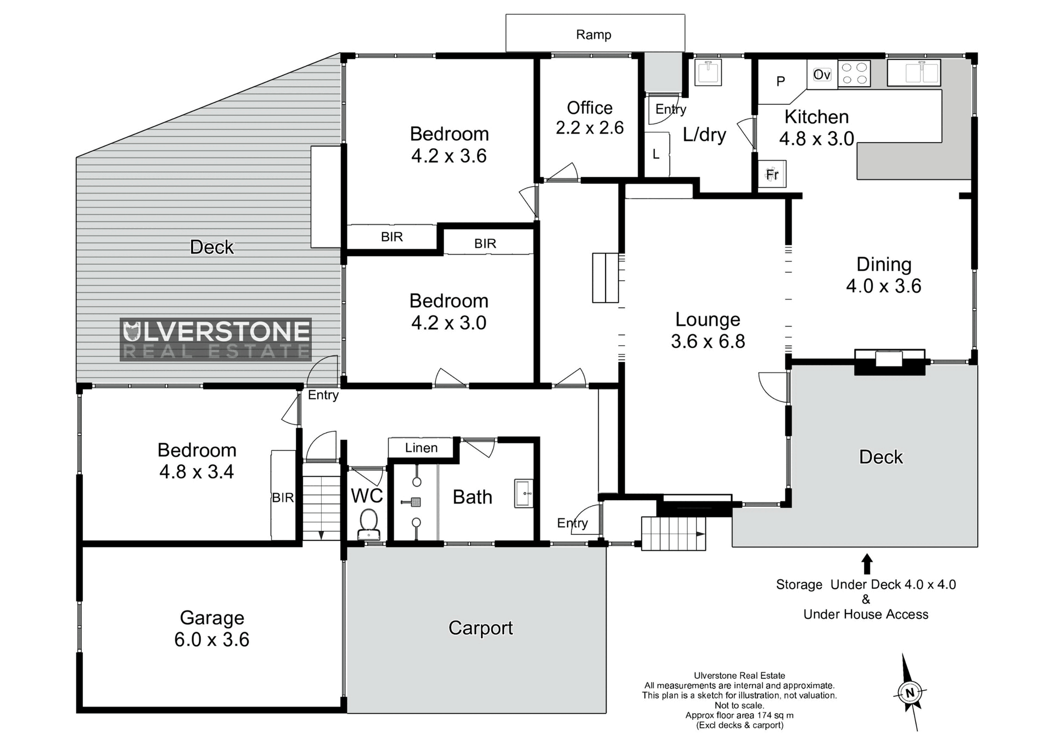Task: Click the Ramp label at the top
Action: (593, 35)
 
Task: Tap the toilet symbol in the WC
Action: (368, 524)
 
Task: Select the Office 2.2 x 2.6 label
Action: (590, 118)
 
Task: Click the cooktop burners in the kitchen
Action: (854, 74)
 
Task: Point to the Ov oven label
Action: (821, 75)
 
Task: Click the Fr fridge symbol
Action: (772, 174)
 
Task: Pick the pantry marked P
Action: (781, 82)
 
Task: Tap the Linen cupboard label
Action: (421, 448)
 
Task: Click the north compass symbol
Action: (910, 692)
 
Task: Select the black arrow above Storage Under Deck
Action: (867, 564)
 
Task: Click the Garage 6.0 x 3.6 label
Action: (212, 629)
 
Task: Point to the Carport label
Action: (480, 628)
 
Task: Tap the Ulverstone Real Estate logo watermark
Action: (216, 340)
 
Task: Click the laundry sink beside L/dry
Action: (708, 72)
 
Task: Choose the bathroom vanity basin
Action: (524, 493)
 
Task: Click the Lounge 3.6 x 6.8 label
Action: (708, 330)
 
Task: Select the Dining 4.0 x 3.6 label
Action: (884, 275)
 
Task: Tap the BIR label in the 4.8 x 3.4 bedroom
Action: (283, 498)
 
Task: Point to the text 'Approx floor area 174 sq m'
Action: (739, 715)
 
